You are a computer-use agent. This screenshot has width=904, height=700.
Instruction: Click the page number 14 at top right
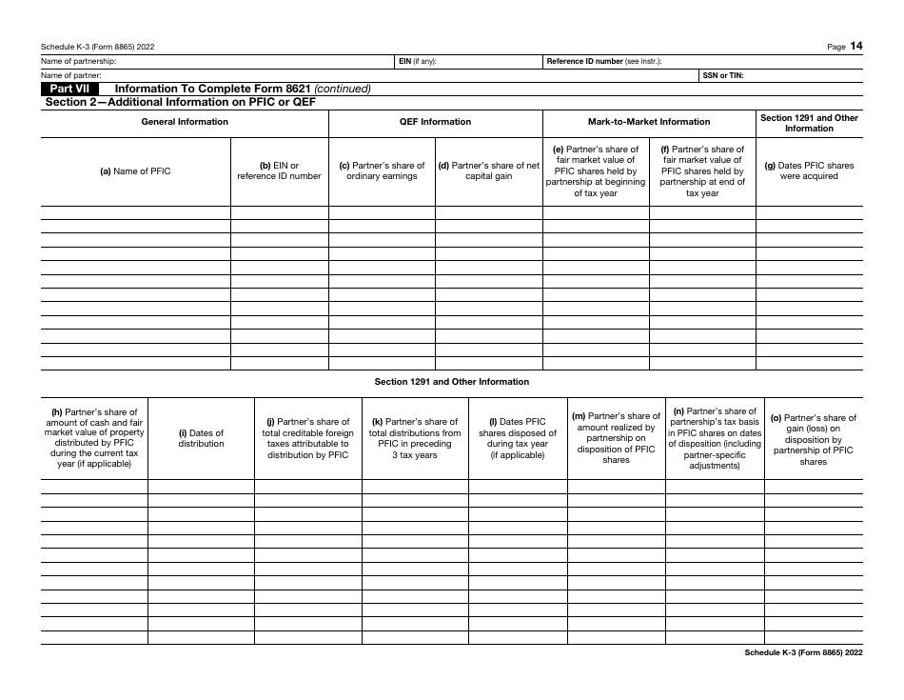coord(856,46)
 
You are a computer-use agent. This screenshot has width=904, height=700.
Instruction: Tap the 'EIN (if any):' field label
coord(419,61)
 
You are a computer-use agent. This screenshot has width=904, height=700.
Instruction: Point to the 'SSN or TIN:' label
coord(723,74)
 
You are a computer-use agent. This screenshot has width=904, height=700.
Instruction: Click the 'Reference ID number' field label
coord(583,61)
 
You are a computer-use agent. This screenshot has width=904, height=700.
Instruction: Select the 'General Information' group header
coord(185,122)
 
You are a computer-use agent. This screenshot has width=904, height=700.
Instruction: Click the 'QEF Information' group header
coord(435,122)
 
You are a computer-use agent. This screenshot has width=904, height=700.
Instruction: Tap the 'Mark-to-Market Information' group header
coord(649,122)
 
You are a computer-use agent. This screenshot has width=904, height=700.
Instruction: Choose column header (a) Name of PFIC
coord(136,171)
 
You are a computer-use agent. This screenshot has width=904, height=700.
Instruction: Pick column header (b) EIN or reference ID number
coord(279,171)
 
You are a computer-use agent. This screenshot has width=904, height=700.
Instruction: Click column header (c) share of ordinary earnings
coord(382,171)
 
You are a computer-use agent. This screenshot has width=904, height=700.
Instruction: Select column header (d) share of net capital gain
coord(488,171)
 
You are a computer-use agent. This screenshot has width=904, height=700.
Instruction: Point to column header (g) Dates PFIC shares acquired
coord(809,171)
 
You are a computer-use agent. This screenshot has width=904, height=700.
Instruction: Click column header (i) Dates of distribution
coord(201,438)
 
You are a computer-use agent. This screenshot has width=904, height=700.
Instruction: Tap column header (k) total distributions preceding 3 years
coord(415,438)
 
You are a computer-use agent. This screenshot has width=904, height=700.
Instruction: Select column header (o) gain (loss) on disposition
coord(814,439)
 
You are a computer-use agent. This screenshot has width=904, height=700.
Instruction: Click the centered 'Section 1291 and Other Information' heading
coord(451,382)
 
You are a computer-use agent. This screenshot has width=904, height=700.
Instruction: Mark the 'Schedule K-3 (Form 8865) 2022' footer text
coord(803,652)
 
